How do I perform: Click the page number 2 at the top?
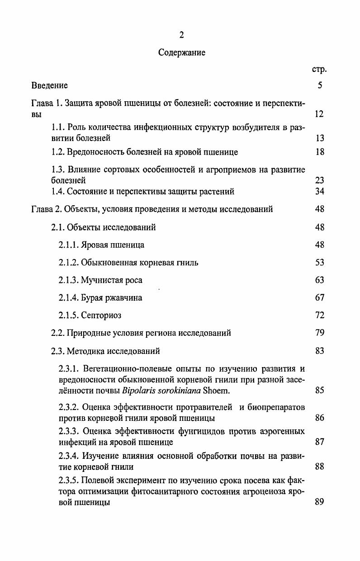click(181, 36)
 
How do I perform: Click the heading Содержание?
click(181, 53)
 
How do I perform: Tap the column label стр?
click(319, 70)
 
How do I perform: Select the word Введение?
click(50, 85)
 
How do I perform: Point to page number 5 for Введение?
click(320, 85)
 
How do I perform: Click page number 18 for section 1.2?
click(320, 152)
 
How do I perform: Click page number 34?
click(320, 192)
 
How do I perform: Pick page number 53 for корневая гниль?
click(320, 263)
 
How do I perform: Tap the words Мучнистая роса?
click(111, 280)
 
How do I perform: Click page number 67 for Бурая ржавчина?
click(320, 298)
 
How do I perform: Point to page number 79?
click(320, 333)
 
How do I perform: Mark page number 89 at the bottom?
click(320, 502)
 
